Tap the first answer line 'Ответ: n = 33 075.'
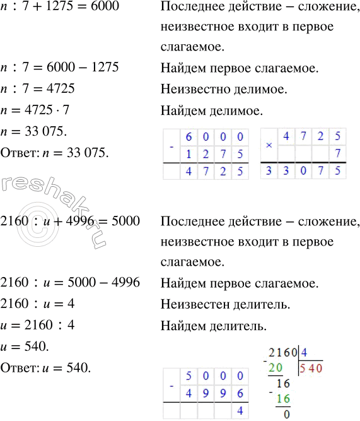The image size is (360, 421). pyautogui.click(x=55, y=153)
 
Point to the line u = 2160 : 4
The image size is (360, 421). pyautogui.click(x=42, y=326)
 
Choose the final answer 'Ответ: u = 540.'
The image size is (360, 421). pyautogui.click(x=47, y=368)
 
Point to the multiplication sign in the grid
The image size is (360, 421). pyautogui.click(x=269, y=145)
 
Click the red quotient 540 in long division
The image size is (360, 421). pyautogui.click(x=311, y=367)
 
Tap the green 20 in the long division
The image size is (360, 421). pyautogui.click(x=276, y=367)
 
